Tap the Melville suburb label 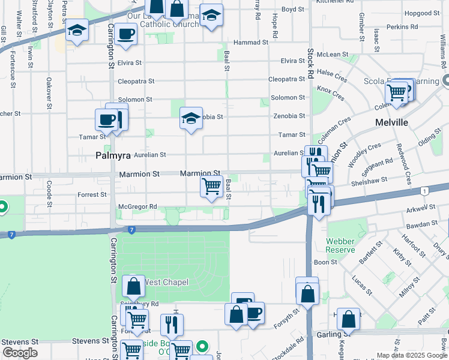pyautogui.click(x=391, y=122)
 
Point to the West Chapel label pyautogui.click(x=166, y=282)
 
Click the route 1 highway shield pyautogui.click(x=425, y=191)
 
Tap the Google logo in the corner pyautogui.click(x=20, y=353)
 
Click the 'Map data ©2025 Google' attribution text pyautogui.click(x=412, y=355)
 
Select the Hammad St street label pyautogui.click(x=251, y=43)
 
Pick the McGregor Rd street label pyautogui.click(x=137, y=206)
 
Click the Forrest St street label pyautogui.click(x=92, y=194)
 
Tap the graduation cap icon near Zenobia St pyautogui.click(x=191, y=118)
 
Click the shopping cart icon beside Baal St pyautogui.click(x=211, y=187)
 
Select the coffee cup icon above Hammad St pyautogui.click(x=126, y=34)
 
